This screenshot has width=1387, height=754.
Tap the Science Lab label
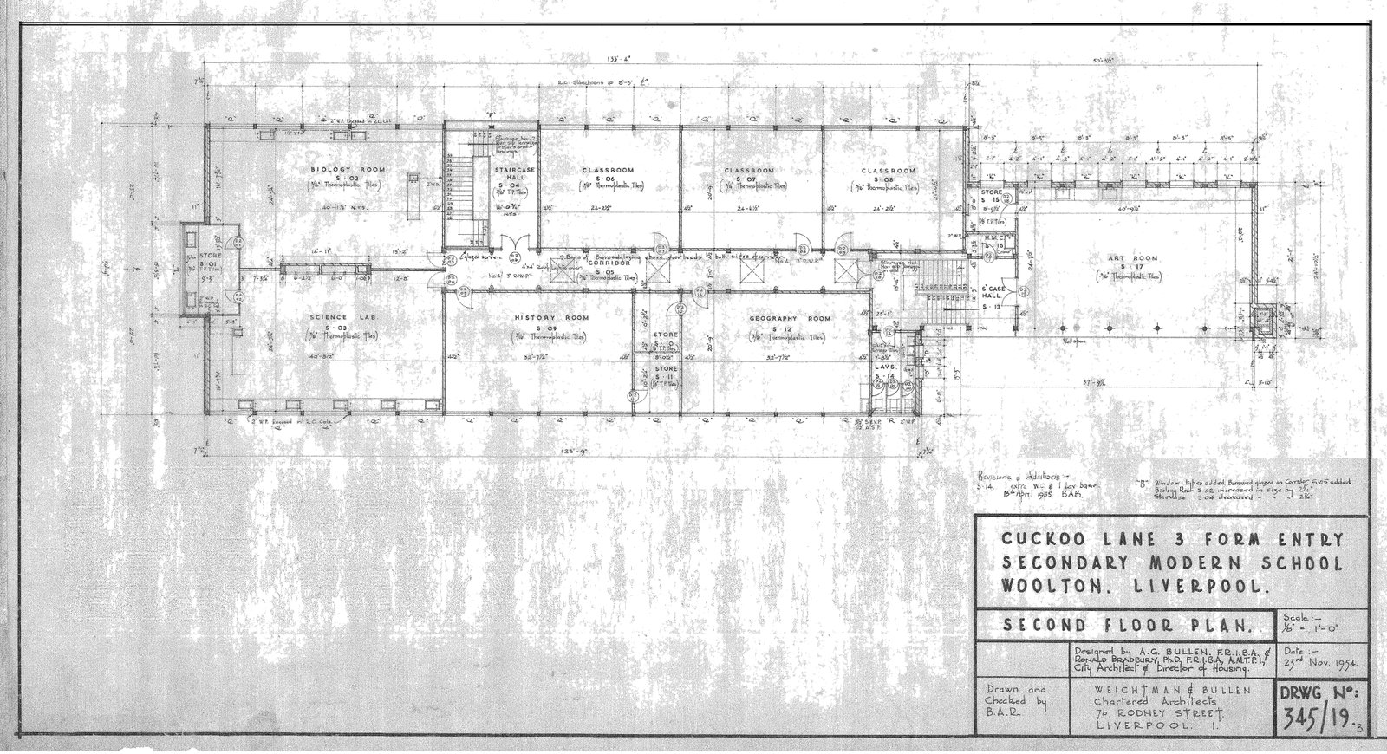[x=328, y=318]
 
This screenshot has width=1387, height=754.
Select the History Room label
[x=546, y=318]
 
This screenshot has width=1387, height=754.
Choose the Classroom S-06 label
[x=609, y=170]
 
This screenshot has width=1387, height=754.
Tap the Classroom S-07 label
[x=749, y=171]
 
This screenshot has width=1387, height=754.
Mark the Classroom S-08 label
[x=889, y=171]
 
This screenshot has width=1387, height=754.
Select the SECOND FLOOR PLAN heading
[x=1126, y=624]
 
